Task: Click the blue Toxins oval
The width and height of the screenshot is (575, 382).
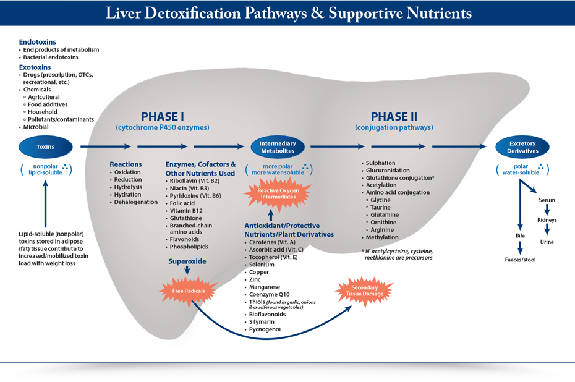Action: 46,147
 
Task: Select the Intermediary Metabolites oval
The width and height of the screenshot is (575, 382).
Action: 278,147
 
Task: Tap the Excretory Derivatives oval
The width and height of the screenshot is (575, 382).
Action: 522,147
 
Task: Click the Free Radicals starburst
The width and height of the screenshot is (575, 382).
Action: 189,291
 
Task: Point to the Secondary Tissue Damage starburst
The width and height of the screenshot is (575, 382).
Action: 365,291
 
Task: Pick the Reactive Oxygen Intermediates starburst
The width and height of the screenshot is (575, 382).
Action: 278,193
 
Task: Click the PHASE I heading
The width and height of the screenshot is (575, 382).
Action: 163,117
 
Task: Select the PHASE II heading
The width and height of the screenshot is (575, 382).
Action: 394,117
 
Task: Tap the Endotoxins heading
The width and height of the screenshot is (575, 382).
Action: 37,42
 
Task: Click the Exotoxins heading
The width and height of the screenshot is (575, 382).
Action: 35,67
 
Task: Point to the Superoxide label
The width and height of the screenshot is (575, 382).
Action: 187,261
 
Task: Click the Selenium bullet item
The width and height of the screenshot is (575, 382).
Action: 262,265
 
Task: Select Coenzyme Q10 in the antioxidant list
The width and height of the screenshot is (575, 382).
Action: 269,294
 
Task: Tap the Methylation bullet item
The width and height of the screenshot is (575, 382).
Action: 381,237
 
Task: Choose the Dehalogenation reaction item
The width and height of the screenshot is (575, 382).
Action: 135,202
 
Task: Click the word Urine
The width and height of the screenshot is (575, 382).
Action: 547,242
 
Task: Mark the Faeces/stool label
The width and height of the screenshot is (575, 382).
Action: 520,260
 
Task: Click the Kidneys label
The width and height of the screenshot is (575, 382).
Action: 547,220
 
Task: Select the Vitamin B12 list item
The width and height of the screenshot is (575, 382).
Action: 186,211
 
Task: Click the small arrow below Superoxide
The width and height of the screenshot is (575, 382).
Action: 187,271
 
